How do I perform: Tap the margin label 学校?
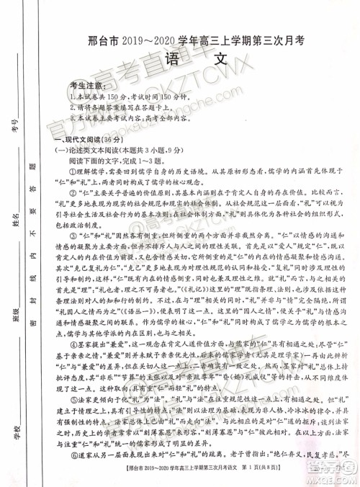15,432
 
